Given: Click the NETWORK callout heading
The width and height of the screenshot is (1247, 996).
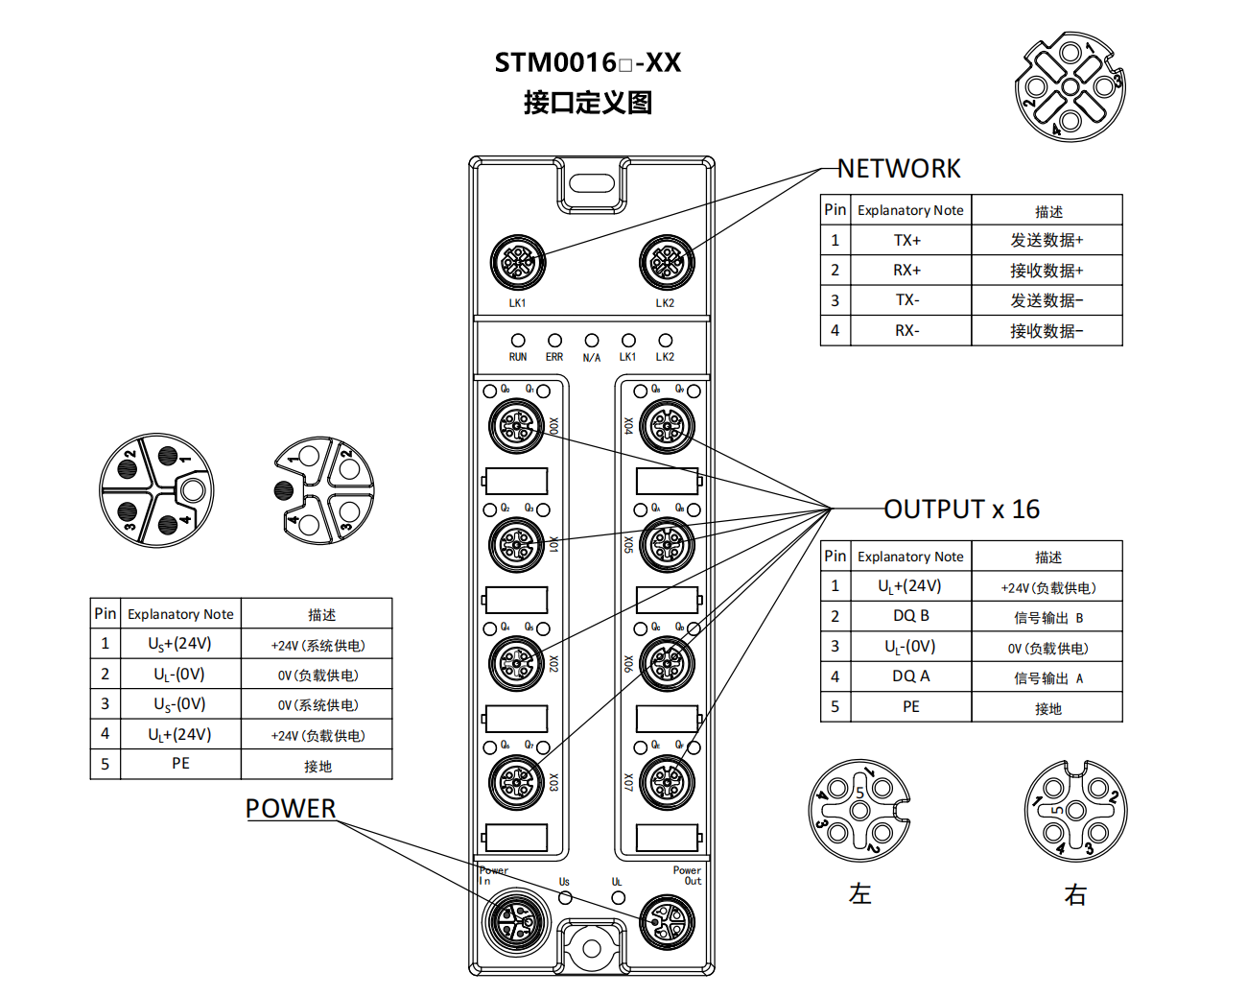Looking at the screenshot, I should click(898, 169).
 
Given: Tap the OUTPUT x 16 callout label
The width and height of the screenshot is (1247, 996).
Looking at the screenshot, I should click(961, 510).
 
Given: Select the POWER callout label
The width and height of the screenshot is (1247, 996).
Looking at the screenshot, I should click(291, 809).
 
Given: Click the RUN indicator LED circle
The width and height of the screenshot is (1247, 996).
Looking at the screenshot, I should click(518, 341).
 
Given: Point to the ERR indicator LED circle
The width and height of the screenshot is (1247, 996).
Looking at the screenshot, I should click(554, 341).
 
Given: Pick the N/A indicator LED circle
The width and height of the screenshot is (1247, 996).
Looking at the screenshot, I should click(592, 341).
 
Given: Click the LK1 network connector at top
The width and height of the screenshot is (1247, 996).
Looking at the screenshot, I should click(518, 262).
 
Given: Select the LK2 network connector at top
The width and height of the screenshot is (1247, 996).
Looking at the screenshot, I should click(667, 262).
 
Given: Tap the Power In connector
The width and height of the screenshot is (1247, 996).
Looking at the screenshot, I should click(516, 921).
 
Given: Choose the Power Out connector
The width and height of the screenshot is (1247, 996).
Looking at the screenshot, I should click(667, 922).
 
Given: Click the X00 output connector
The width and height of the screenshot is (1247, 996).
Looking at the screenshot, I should click(517, 425).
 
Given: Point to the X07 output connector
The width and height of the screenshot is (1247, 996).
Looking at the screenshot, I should click(667, 782).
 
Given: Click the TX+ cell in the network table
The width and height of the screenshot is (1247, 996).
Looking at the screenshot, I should click(907, 240).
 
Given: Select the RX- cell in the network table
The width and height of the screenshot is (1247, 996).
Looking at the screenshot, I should click(907, 331).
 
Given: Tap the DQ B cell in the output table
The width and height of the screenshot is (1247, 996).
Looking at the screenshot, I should click(910, 616).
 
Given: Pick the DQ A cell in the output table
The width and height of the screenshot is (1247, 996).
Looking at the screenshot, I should click(910, 676).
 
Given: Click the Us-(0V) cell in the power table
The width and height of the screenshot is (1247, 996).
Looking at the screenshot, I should click(179, 704).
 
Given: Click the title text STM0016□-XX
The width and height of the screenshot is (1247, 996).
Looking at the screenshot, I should click(587, 63).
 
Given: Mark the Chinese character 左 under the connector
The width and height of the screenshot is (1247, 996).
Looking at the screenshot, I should click(859, 894).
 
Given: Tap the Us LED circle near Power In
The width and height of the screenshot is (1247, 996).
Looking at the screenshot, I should click(566, 898).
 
